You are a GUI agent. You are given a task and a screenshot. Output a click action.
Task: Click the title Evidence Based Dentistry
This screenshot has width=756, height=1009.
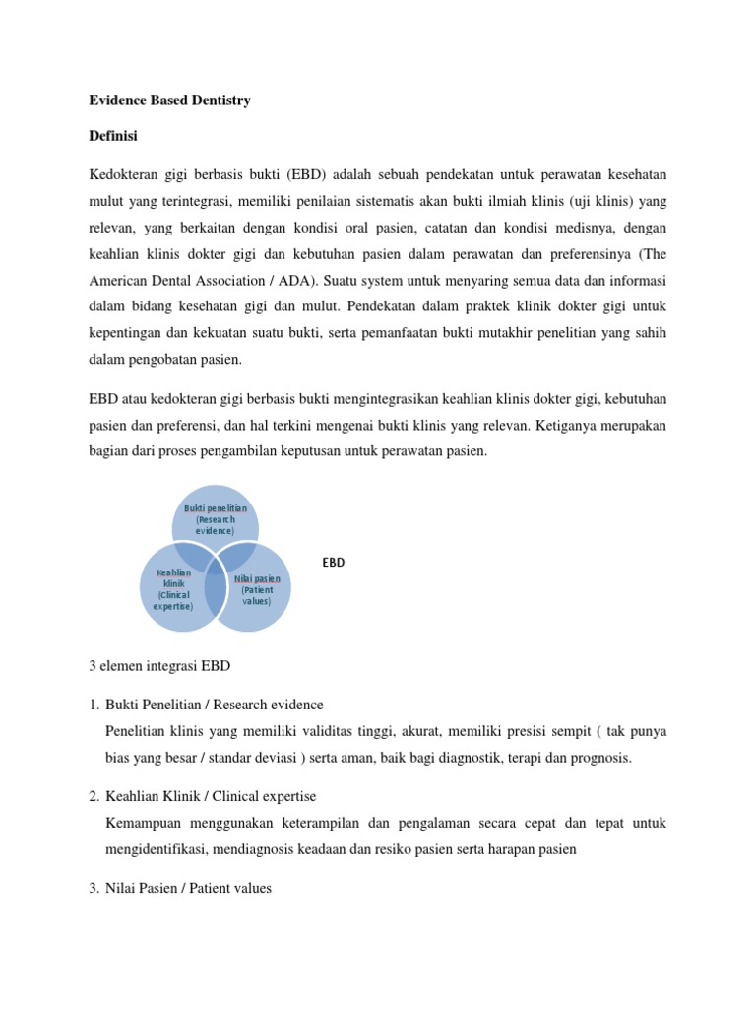pos(169,101)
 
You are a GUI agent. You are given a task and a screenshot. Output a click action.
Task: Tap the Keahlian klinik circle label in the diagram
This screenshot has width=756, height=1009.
pos(173,589)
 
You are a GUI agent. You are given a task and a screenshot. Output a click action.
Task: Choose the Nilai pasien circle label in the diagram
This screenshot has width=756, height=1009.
pos(257,589)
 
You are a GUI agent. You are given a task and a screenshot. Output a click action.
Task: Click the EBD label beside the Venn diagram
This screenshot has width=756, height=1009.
pos(334,562)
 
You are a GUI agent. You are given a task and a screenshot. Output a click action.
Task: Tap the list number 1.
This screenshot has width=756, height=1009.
pos(93,706)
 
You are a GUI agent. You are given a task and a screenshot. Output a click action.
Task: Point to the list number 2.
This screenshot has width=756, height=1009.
pos(93,796)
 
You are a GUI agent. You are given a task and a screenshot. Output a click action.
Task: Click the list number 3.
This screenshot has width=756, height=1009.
pos(93,887)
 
